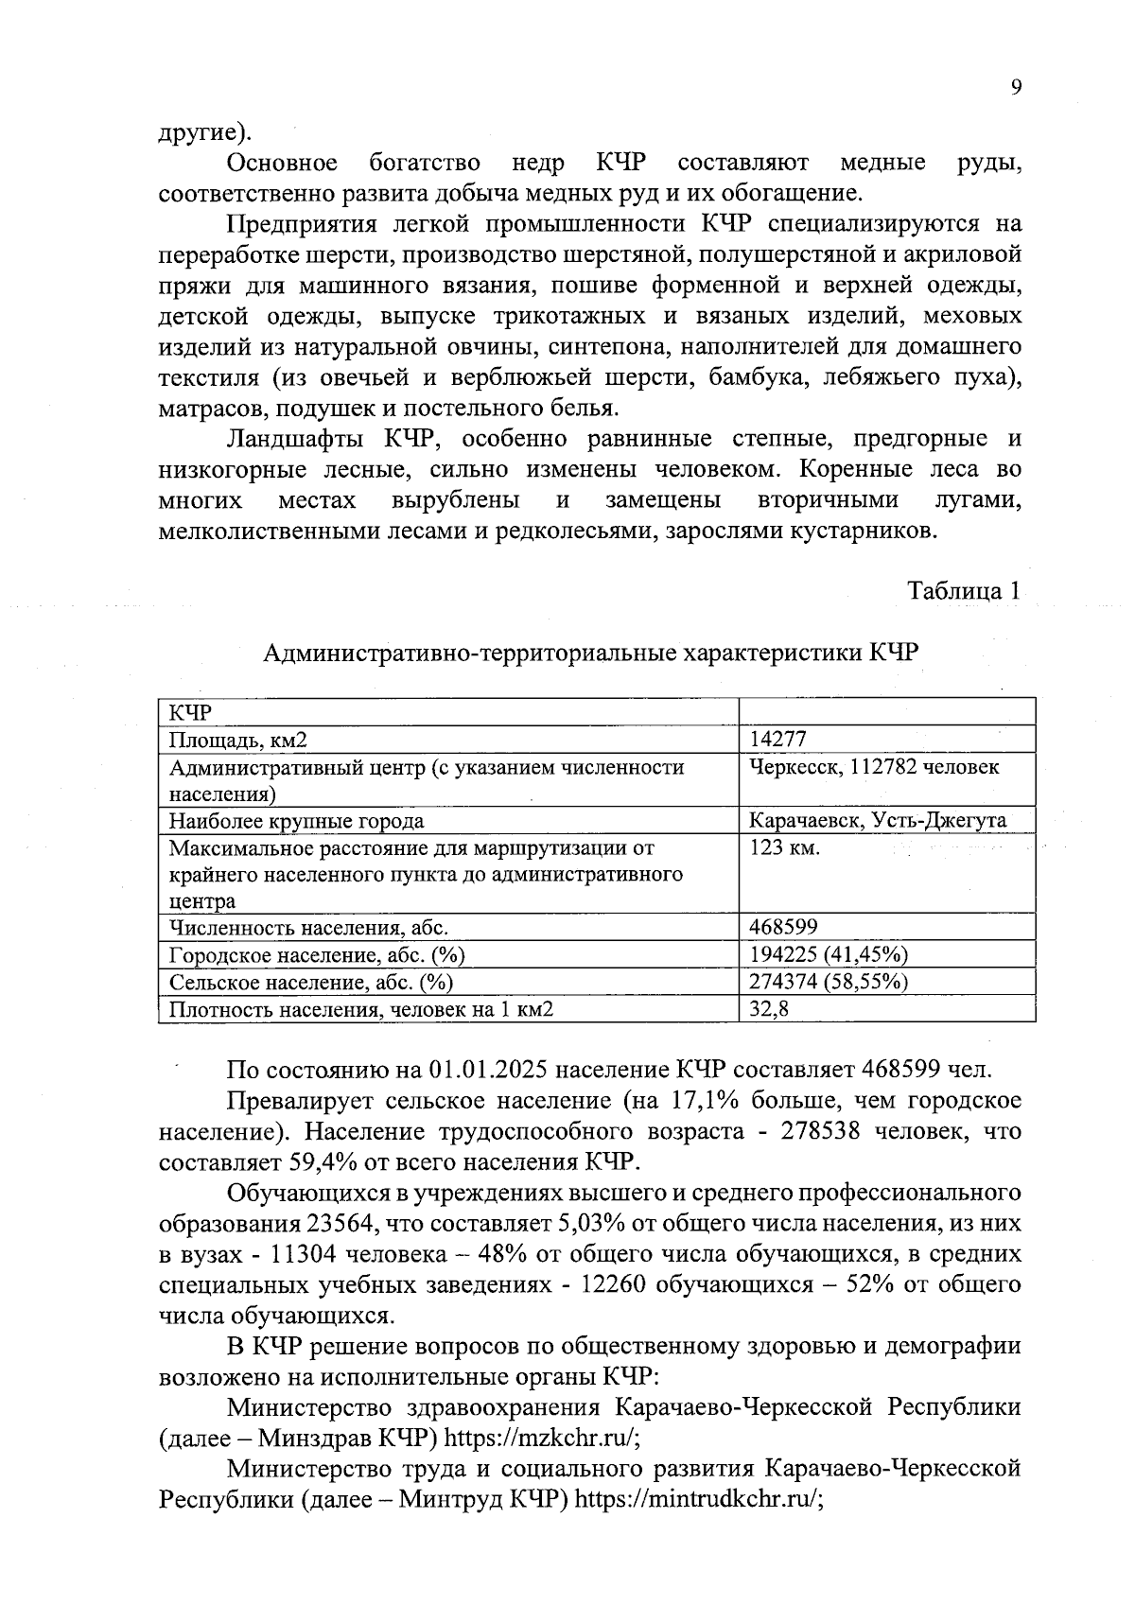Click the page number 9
click(x=1016, y=87)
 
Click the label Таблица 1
click(x=964, y=591)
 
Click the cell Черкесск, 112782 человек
click(x=874, y=767)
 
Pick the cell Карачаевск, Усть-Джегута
click(x=878, y=820)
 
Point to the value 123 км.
click(x=784, y=847)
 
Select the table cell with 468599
click(x=783, y=927)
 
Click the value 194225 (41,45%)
click(x=829, y=954)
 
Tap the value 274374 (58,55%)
click(x=829, y=982)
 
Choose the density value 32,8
click(x=769, y=1009)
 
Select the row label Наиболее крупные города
click(x=296, y=821)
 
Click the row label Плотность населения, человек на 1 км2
click(x=360, y=1009)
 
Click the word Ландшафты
click(x=301, y=439)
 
